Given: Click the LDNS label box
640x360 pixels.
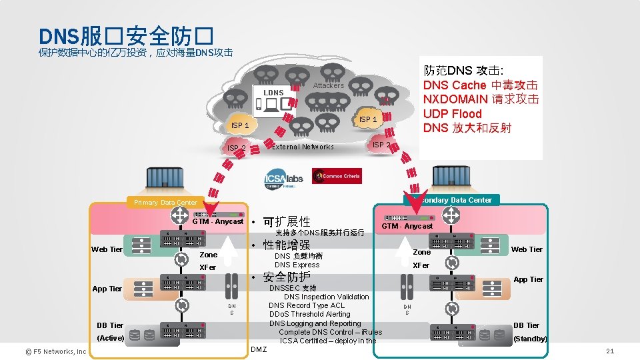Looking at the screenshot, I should (273, 93).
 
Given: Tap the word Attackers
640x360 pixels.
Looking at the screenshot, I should (329, 85).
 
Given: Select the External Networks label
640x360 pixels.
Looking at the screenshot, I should (303, 147).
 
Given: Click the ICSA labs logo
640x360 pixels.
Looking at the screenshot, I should (285, 179).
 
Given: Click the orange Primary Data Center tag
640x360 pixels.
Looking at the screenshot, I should (165, 203).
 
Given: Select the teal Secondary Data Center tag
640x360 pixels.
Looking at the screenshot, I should (456, 200).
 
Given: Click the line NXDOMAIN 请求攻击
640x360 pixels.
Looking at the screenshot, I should (481, 99).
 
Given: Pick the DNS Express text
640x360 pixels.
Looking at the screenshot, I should (297, 265).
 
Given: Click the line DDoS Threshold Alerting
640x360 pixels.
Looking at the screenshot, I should (309, 315).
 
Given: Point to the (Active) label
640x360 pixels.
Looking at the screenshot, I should (111, 338).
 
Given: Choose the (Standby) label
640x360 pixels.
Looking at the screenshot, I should (530, 339).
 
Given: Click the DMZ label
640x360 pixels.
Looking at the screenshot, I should (258, 349).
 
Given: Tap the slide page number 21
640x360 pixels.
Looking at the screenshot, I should (609, 351).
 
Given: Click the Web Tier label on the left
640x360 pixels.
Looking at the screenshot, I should (107, 249).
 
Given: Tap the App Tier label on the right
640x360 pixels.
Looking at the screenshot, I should (528, 279).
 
